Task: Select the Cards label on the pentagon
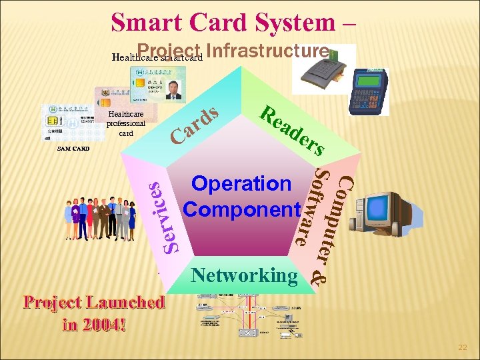(x=194, y=124)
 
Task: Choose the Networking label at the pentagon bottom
(x=244, y=274)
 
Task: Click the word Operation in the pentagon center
(x=241, y=183)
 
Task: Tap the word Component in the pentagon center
(x=241, y=209)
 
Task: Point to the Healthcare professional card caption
(x=126, y=123)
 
